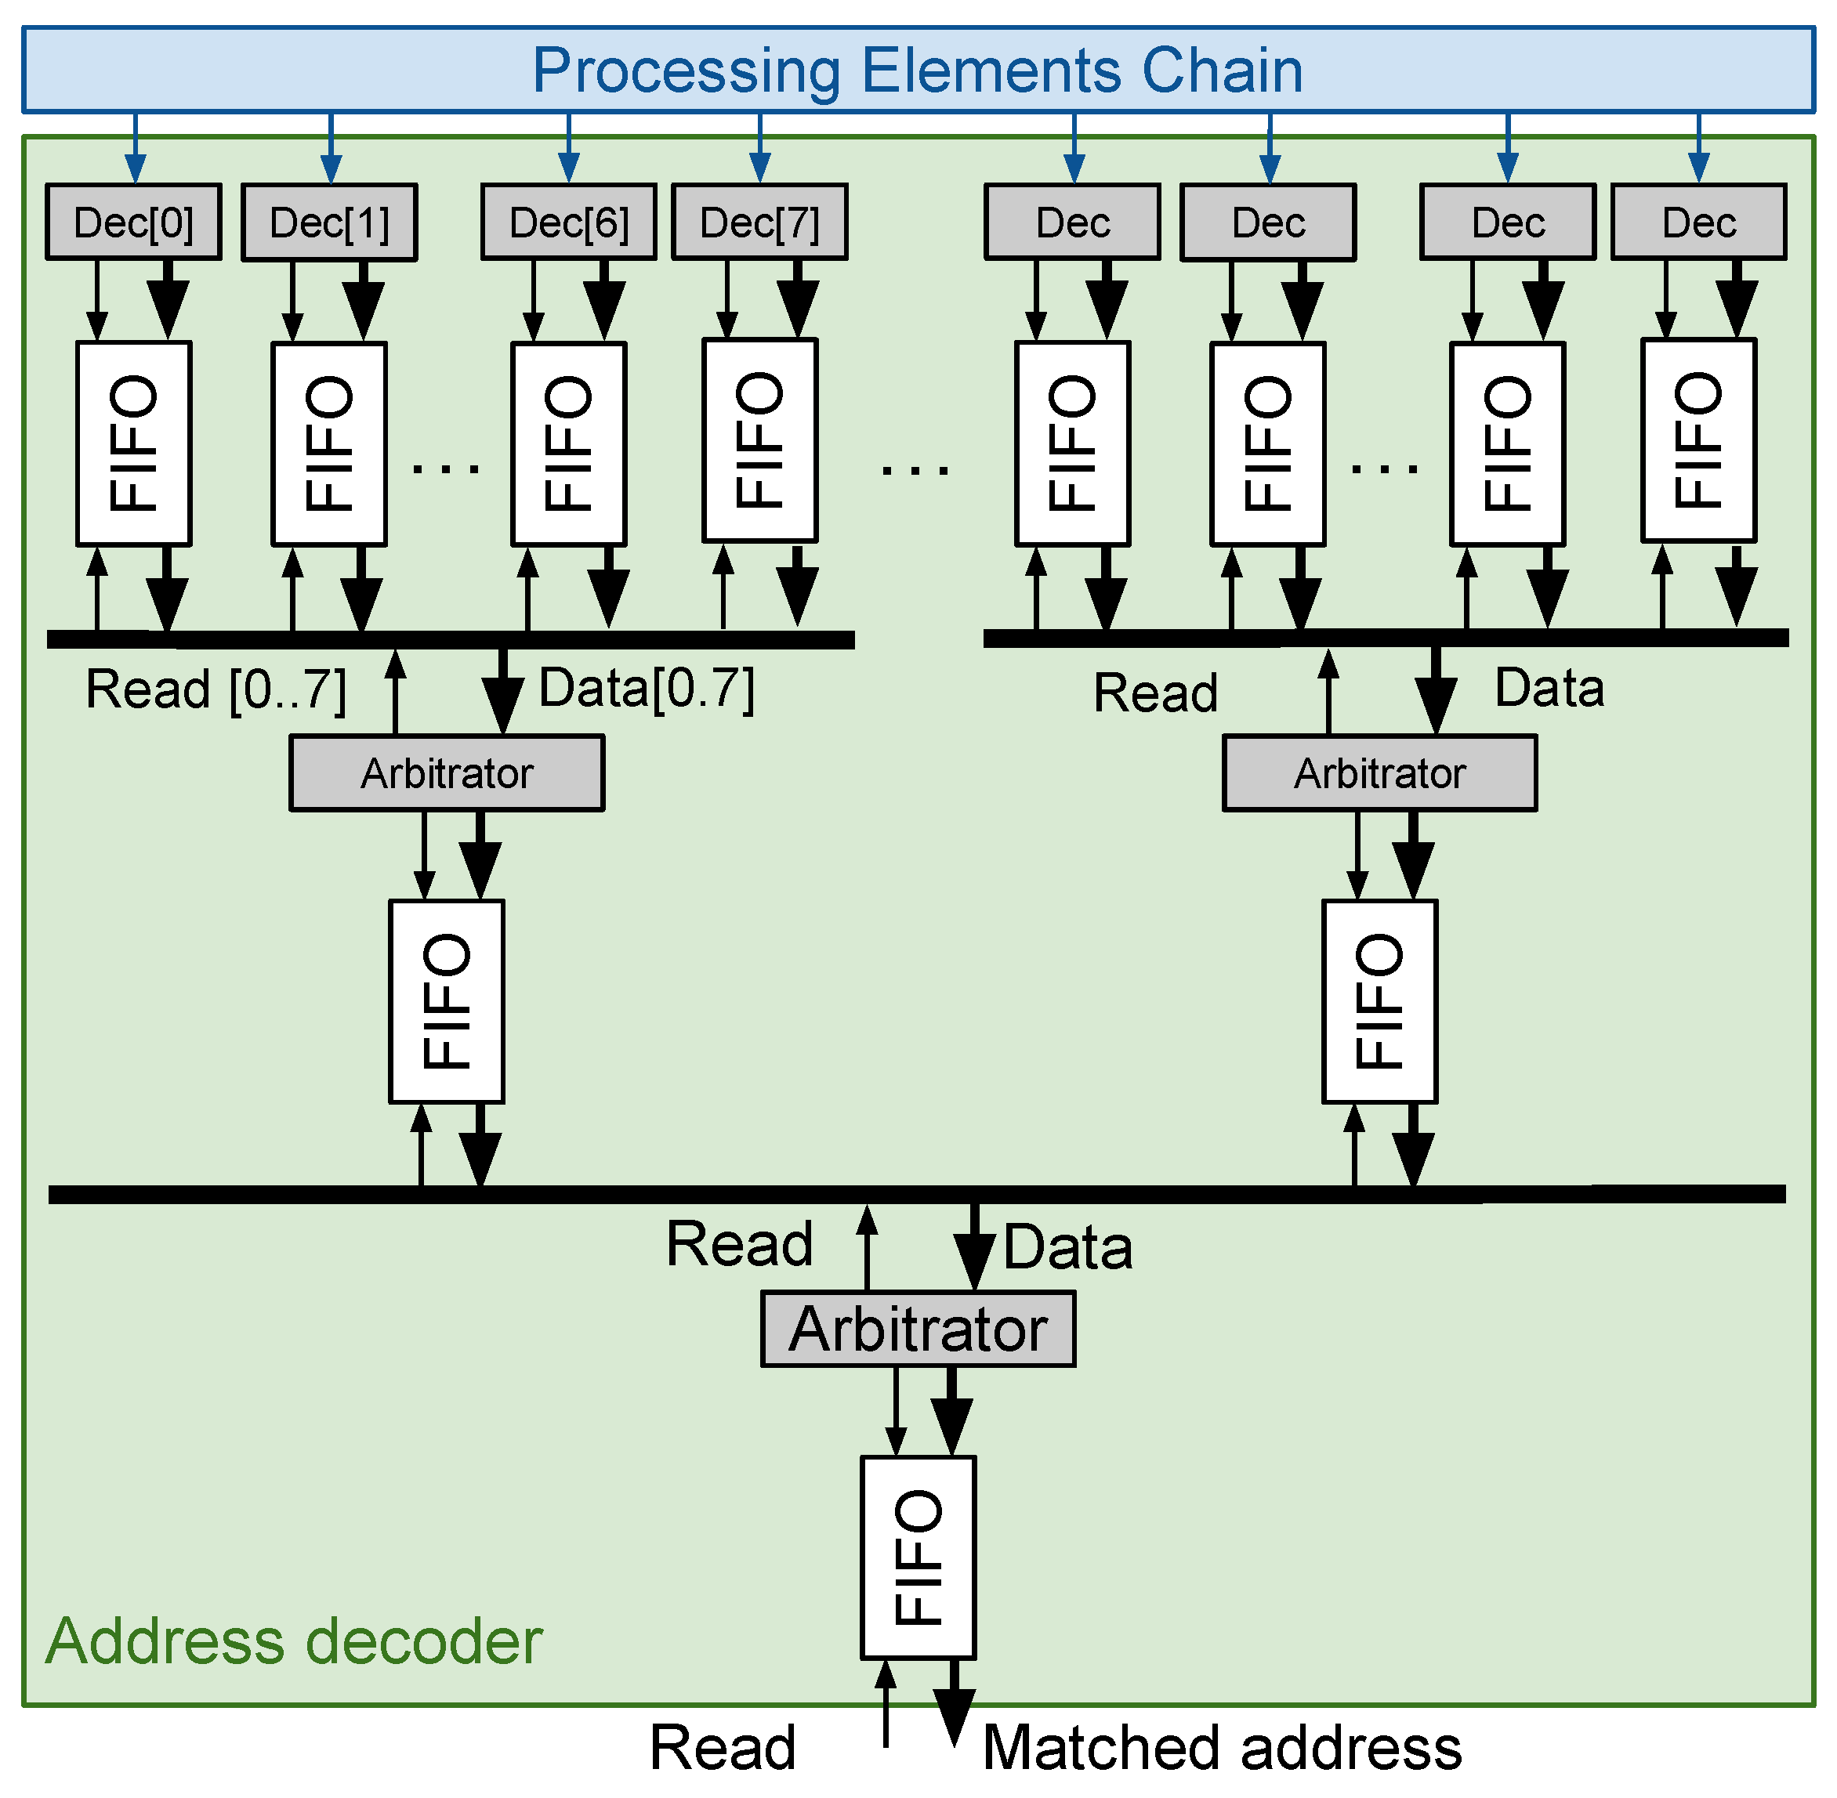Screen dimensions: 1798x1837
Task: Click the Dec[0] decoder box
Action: pyautogui.click(x=133, y=222)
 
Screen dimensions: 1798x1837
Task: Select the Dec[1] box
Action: pyautogui.click(x=330, y=222)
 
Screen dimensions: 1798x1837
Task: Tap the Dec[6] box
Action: pyautogui.click(x=568, y=222)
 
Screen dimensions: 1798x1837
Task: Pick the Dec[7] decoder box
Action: pyautogui.click(x=759, y=222)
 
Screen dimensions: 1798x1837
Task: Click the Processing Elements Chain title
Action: pyautogui.click(x=918, y=70)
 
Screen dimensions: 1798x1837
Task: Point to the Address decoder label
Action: pyautogui.click(x=294, y=1641)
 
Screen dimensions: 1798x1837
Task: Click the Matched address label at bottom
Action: pyautogui.click(x=1221, y=1747)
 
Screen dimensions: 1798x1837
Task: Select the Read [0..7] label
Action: pyautogui.click(x=216, y=689)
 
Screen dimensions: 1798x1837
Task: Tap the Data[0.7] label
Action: pyautogui.click(x=646, y=688)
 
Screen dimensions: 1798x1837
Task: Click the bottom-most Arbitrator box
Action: pyautogui.click(x=918, y=1329)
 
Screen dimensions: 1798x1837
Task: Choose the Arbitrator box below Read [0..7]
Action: pyautogui.click(x=447, y=773)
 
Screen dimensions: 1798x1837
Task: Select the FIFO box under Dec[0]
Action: pyautogui.click(x=133, y=443)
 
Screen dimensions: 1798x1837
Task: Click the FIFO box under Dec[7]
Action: pyautogui.click(x=759, y=440)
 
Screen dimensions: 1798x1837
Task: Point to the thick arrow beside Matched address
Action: pyautogui.click(x=954, y=1705)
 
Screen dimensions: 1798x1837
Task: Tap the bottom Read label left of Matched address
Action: pyautogui.click(x=723, y=1747)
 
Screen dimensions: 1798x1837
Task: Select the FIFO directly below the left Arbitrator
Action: pyautogui.click(x=447, y=1001)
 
